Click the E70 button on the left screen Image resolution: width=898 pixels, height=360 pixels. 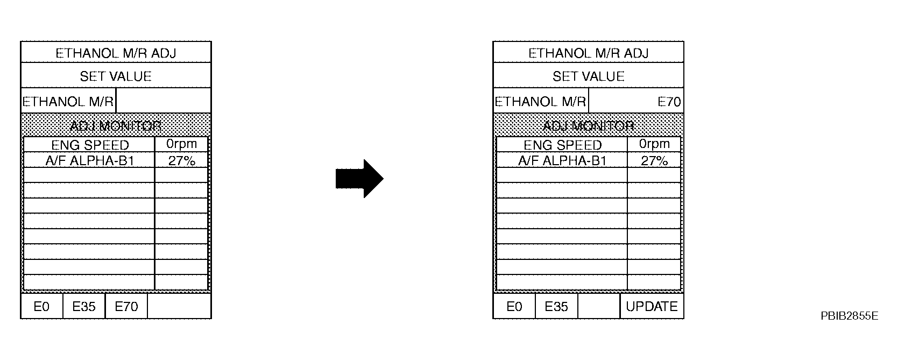[126, 306]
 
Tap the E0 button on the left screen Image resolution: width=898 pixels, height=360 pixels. [41, 306]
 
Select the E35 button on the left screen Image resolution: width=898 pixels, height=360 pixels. [84, 306]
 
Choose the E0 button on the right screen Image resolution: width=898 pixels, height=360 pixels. [514, 306]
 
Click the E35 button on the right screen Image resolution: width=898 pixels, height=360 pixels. [556, 306]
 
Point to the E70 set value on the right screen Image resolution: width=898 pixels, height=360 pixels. [669, 102]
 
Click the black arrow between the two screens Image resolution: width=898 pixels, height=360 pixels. [359, 179]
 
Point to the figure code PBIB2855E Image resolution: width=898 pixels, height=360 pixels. [849, 316]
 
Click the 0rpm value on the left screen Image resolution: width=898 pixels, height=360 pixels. [182, 144]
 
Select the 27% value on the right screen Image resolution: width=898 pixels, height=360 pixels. [654, 161]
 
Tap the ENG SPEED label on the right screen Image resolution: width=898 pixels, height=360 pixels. [562, 145]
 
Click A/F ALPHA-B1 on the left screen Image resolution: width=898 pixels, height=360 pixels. [89, 161]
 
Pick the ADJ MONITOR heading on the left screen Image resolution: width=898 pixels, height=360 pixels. [116, 126]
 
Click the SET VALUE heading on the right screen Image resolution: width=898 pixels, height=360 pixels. [589, 76]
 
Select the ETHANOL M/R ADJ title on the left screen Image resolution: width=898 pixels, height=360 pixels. [116, 53]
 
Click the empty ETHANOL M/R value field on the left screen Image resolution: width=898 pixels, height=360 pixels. [164, 101]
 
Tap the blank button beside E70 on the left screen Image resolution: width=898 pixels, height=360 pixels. [179, 306]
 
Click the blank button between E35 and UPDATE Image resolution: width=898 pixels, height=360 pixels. [599, 306]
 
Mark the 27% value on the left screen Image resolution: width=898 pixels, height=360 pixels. [182, 161]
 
